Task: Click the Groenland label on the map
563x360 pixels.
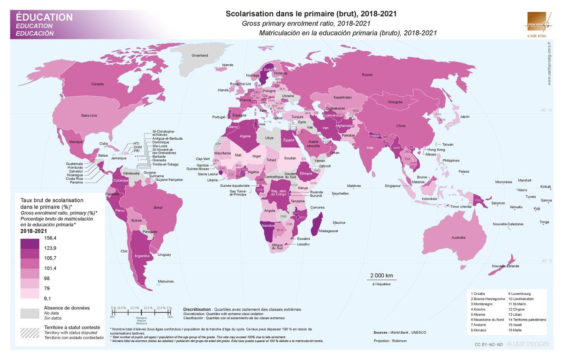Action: [200, 55]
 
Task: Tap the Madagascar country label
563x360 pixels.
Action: [328, 230]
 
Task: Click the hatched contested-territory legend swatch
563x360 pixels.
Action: [30, 331]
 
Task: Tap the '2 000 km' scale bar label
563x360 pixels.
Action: [381, 275]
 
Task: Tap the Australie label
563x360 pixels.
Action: [458, 238]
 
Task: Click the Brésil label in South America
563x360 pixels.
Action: [158, 207]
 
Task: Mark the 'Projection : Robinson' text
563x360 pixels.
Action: [390, 340]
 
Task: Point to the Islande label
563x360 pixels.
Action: [227, 65]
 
